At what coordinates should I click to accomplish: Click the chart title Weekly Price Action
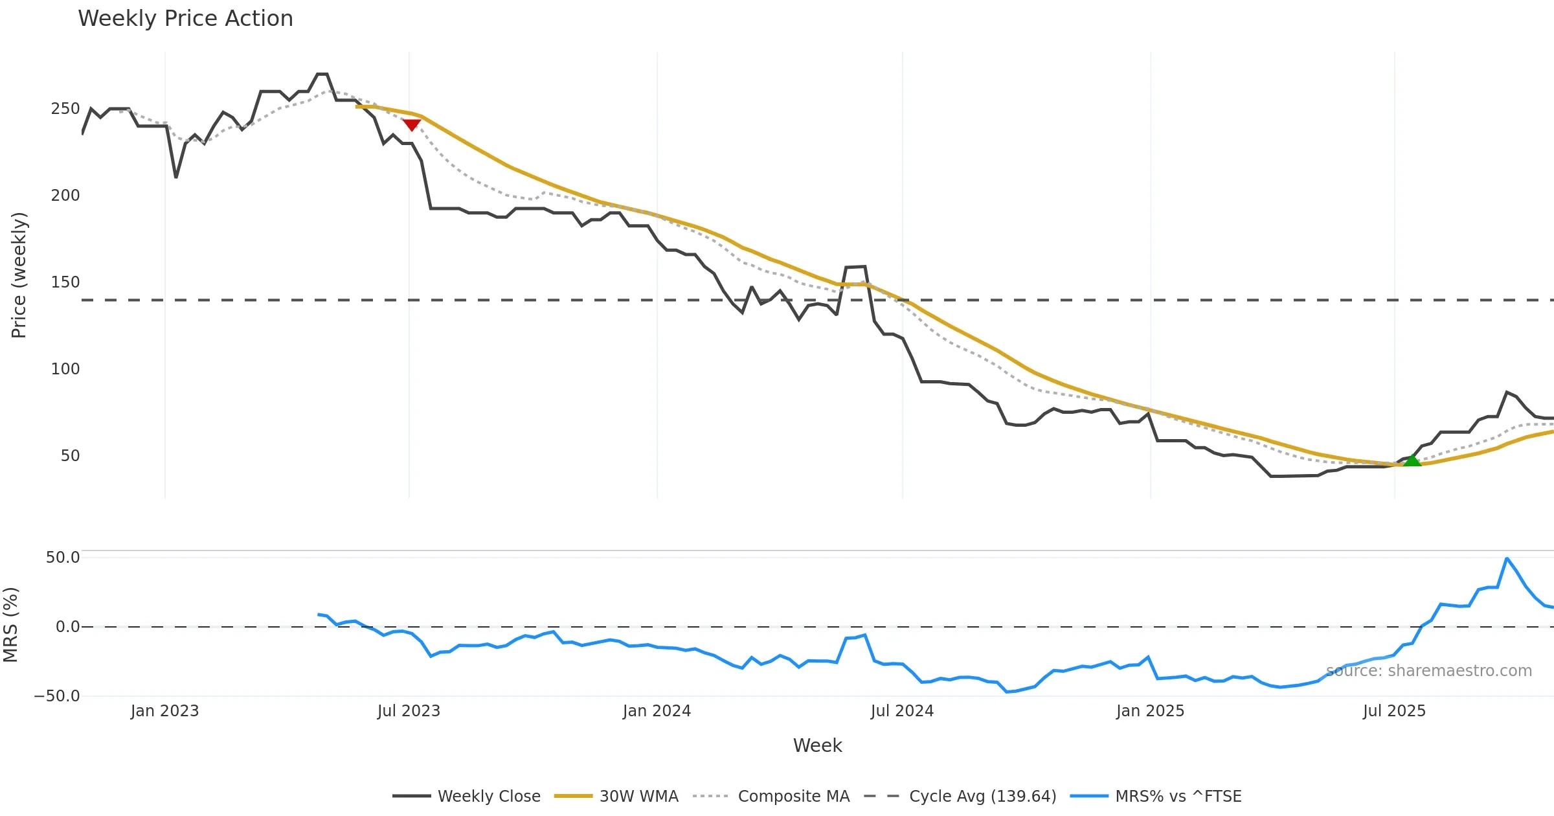tap(185, 19)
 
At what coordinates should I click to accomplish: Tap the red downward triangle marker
tap(411, 124)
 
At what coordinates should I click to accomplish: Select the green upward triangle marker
tap(1412, 460)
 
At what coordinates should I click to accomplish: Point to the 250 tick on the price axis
tap(65, 109)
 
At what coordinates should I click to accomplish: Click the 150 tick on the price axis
tap(65, 282)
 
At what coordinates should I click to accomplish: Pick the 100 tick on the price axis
tap(65, 369)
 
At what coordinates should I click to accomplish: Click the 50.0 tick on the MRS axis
tap(63, 558)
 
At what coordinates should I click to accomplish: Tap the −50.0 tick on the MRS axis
tap(57, 696)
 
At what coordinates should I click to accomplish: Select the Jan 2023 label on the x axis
tap(164, 711)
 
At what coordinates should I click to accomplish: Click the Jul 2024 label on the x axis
tap(902, 711)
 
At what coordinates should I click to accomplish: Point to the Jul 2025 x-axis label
tap(1394, 711)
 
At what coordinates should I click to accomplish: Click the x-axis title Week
tap(817, 746)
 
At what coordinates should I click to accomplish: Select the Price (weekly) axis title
tap(19, 275)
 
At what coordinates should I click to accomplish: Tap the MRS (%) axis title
tap(10, 625)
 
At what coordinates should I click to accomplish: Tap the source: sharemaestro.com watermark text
tap(1428, 671)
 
